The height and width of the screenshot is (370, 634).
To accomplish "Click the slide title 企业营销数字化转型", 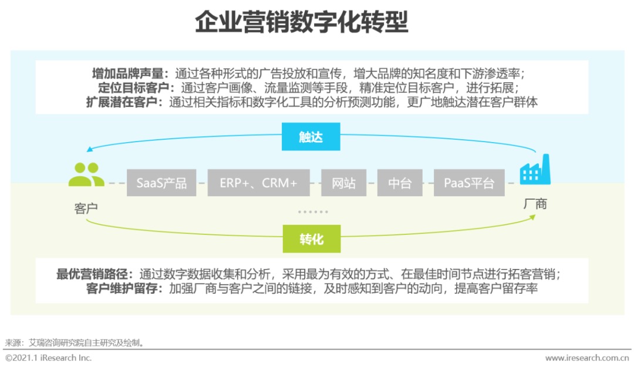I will [301, 23].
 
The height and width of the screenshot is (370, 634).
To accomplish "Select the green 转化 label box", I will [311, 239].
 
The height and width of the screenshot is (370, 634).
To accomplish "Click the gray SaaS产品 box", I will [161, 183].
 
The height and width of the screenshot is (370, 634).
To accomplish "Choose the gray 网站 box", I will [343, 183].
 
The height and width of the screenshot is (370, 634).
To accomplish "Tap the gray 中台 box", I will [400, 183].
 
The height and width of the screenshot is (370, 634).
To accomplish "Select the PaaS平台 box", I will [468, 183].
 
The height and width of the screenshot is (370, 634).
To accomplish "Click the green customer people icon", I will [86, 174].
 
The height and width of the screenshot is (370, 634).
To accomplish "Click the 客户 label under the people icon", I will [86, 208].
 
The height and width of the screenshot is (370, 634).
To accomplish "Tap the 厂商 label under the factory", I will [535, 204].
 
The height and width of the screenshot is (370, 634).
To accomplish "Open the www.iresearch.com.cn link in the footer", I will [587, 358].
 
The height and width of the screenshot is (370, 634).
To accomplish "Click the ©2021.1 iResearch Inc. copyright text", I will [48, 358].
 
